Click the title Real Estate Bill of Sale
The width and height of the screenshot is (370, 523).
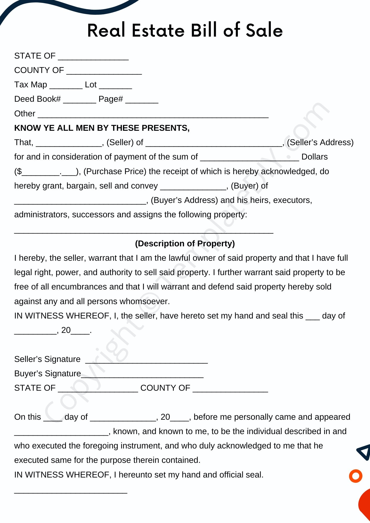[185, 30]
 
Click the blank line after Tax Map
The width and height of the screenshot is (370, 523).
[66, 87]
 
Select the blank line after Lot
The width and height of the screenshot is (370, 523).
[115, 87]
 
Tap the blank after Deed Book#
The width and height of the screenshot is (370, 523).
[80, 101]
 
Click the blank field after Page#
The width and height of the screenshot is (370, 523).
[142, 101]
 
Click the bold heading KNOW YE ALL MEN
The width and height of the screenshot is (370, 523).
[102, 128]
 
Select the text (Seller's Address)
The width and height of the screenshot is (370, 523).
[320, 142]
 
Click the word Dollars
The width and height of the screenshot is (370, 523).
[315, 157]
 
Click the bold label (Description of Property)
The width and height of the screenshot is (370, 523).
[185, 243]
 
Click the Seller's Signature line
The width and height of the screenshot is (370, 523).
[147, 361]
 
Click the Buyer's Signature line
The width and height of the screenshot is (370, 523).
[142, 376]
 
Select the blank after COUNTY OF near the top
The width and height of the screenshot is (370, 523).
[104, 72]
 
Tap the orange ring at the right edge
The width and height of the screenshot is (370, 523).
[356, 476]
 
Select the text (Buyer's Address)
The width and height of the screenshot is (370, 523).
[184, 200]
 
